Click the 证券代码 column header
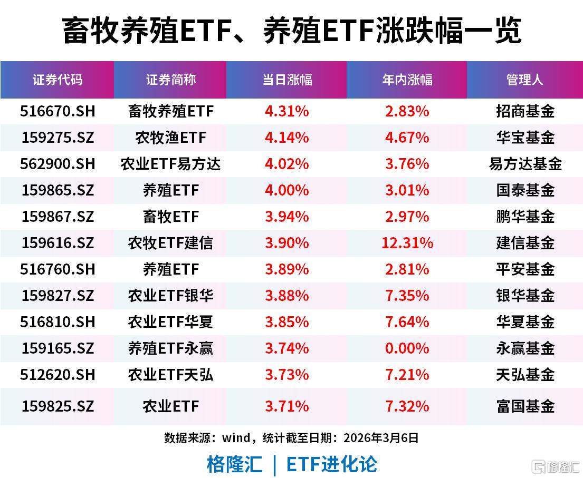pos(57,80)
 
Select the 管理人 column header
pos(524,80)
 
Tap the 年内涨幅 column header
pos(407,80)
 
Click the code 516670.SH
pos(58,111)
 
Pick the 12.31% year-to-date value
pos(407,243)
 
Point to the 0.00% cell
pos(407,348)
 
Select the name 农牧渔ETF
pos(170,138)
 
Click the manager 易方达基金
pos(525,164)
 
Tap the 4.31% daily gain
pos(286,111)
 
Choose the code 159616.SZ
pos(58,243)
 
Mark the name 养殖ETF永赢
pos(170,348)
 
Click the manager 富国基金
pos(525,406)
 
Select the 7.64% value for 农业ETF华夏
pos(407,322)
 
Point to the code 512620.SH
pos(58,375)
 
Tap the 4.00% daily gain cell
pos(286,190)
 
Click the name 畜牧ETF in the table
pos(170,217)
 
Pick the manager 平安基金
pos(525,269)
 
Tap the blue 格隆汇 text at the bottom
pos(234,464)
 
